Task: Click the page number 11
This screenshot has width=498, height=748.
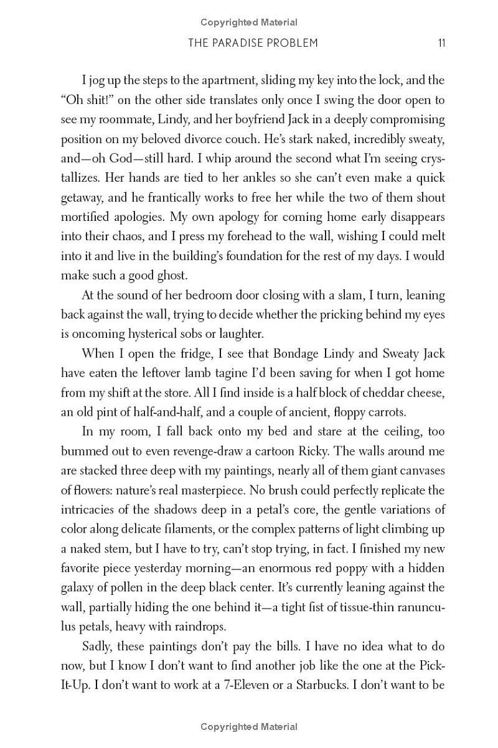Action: [441, 43]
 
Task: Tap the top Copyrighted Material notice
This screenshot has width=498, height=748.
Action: [249, 22]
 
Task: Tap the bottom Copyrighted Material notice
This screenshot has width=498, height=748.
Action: [249, 727]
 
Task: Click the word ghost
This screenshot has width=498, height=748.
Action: [187, 276]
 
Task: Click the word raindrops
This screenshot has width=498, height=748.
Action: [205, 627]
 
